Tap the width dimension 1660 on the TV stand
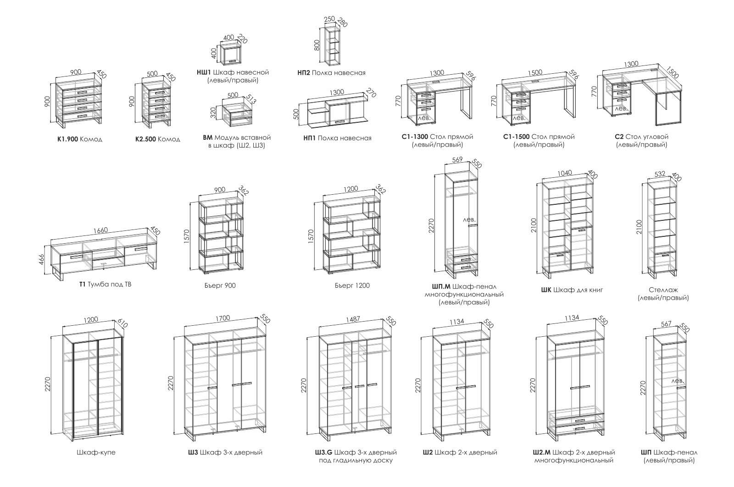(100, 230)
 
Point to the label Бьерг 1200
(352, 285)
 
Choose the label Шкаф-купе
(96, 453)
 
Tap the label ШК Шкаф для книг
(572, 290)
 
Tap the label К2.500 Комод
(157, 139)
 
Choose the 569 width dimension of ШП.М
(457, 160)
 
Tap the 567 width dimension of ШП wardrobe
(666, 324)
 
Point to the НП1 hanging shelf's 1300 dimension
(337, 92)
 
